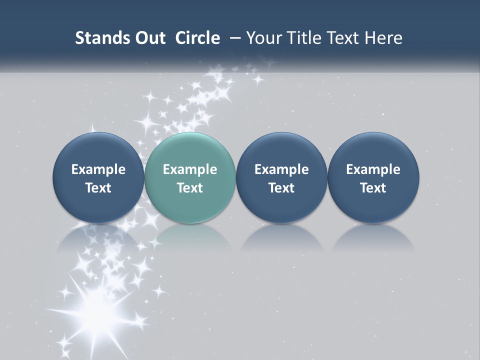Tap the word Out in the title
(148, 38)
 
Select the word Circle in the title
(197, 38)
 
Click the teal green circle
(190, 177)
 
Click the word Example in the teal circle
(190, 169)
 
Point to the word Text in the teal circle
(190, 188)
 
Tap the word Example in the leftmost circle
(98, 169)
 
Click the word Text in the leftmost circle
(98, 188)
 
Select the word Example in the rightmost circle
(373, 169)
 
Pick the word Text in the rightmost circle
(373, 188)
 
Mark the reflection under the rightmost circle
(373, 239)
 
